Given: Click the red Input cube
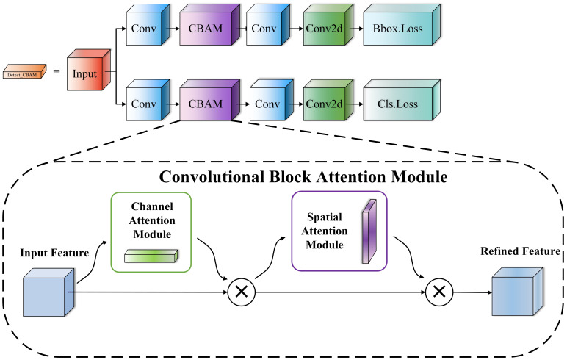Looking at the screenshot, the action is click(x=89, y=70).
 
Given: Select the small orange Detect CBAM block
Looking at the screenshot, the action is click(x=24, y=72).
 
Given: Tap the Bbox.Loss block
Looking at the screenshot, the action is click(x=402, y=25).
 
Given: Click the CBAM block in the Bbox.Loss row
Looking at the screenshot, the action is click(x=210, y=25).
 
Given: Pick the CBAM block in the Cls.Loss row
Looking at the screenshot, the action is click(x=210, y=100).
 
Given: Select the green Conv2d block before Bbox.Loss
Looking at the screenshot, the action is click(x=328, y=25).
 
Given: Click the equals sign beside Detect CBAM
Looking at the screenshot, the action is click(x=57, y=71).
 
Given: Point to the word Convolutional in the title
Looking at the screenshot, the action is click(x=212, y=177).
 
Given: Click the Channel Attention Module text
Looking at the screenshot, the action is click(x=152, y=220).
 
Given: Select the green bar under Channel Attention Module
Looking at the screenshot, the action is click(x=151, y=256).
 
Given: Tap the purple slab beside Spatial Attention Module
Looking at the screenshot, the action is click(x=369, y=231).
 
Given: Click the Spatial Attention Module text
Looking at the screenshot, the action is click(x=325, y=231).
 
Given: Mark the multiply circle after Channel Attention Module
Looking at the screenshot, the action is click(x=242, y=292).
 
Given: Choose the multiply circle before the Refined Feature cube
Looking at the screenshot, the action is click(x=439, y=292).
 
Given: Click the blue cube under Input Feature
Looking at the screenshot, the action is click(x=48, y=292).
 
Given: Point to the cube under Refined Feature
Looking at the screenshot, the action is click(x=518, y=292).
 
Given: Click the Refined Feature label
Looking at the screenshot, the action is click(x=520, y=251).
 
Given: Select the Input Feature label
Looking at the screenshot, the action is click(x=54, y=253).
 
